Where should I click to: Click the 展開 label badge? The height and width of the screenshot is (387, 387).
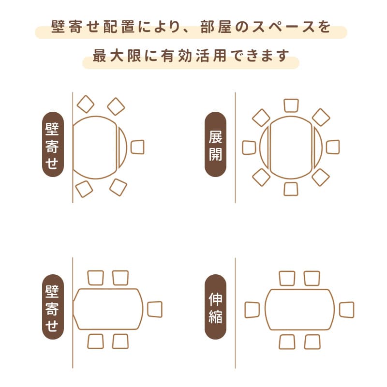point(216,144)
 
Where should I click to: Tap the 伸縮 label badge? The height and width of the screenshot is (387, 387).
point(216,309)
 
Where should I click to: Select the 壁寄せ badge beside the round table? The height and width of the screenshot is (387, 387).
point(52,144)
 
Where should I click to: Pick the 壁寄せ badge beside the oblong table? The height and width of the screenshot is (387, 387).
point(52,309)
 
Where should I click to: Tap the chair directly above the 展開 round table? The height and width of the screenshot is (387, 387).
point(291,105)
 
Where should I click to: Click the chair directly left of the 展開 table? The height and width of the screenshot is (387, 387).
point(249,147)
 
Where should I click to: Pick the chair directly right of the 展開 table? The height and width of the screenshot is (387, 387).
point(333,147)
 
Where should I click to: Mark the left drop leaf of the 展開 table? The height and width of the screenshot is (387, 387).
point(265,147)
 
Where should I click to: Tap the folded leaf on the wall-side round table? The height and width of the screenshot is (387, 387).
point(122,147)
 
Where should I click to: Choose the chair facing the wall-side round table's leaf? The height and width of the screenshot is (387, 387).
point(137,147)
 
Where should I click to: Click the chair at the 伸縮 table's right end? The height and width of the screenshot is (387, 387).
point(346,310)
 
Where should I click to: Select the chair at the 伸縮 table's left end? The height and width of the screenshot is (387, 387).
point(252,310)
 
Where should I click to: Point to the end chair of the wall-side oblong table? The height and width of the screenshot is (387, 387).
point(155,310)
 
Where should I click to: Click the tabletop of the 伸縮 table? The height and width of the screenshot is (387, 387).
point(299,310)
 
